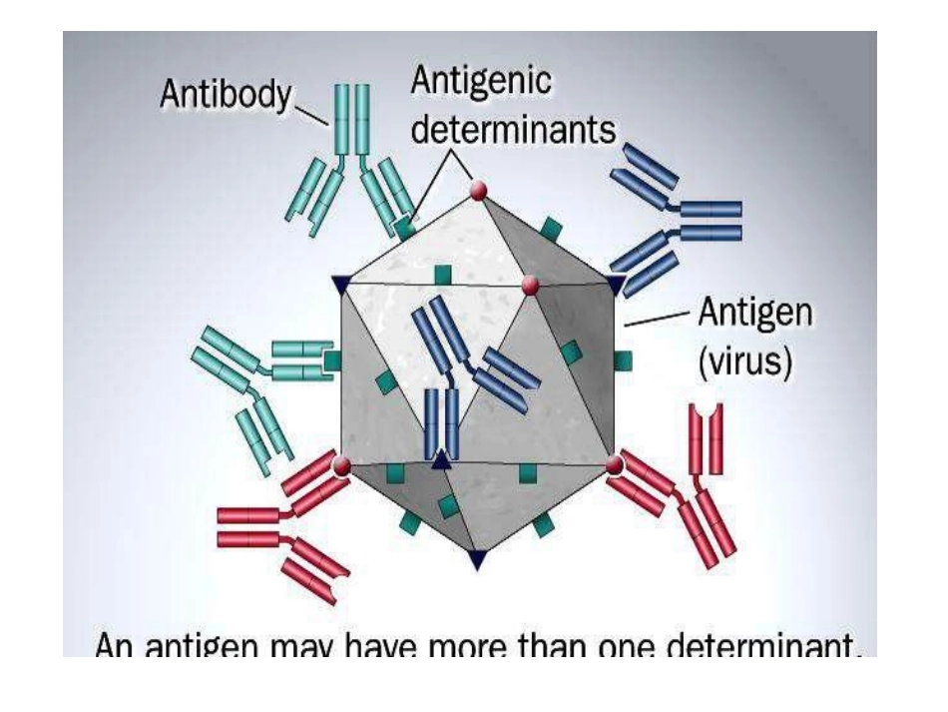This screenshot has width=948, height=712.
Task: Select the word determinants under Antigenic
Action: pos(513,131)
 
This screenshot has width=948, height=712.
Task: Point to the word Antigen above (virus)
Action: pos(754,316)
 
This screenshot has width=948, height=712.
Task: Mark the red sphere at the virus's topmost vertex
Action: pos(480,189)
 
